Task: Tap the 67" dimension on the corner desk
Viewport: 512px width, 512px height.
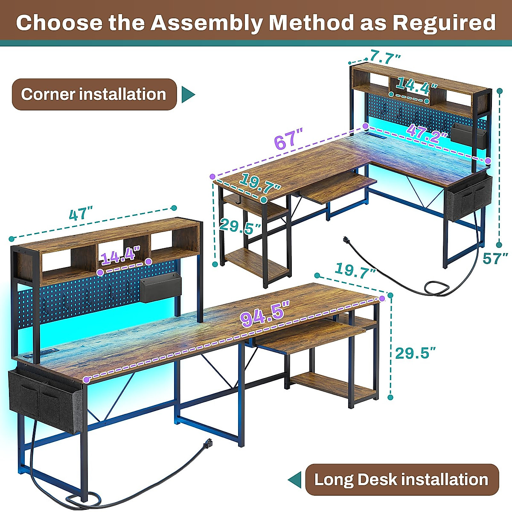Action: [x=288, y=140]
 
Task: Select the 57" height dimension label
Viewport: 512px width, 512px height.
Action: [x=495, y=258]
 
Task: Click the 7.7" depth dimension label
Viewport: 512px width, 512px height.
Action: [x=386, y=56]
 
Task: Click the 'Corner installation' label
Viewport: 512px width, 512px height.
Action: [x=94, y=94]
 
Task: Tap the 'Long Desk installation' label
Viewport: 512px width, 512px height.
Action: [x=401, y=480]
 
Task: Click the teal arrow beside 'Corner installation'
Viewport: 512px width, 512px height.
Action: [x=188, y=95]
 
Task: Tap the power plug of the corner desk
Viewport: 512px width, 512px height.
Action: [x=346, y=241]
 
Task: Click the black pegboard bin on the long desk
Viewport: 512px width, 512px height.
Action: [x=160, y=288]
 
